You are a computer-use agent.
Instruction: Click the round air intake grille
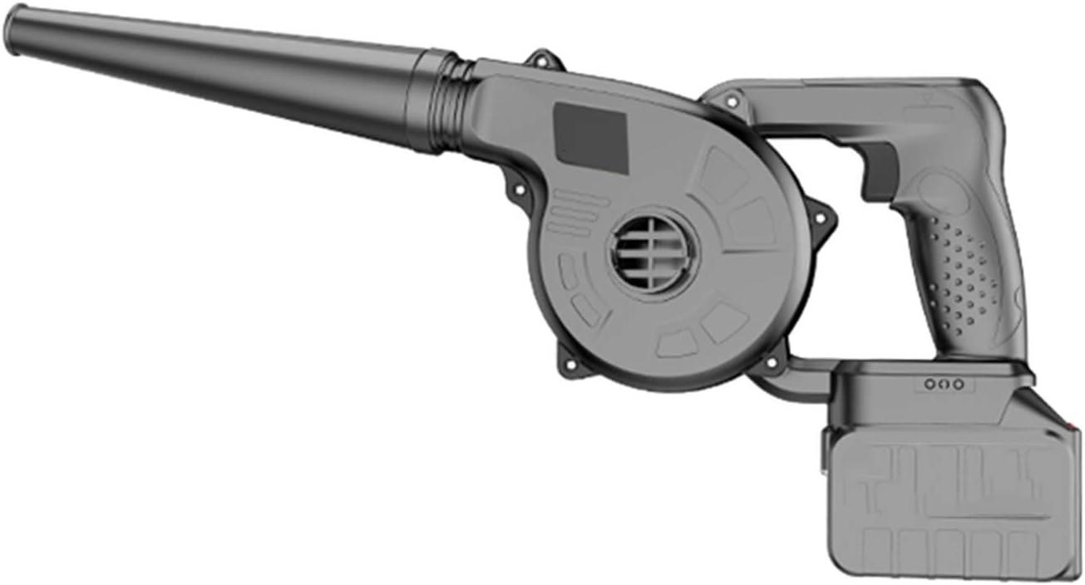(x=653, y=253)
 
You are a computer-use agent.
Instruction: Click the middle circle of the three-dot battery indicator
(x=943, y=384)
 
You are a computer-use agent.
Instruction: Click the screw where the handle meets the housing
(x=731, y=102)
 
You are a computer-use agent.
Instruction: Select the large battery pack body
(x=948, y=490)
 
